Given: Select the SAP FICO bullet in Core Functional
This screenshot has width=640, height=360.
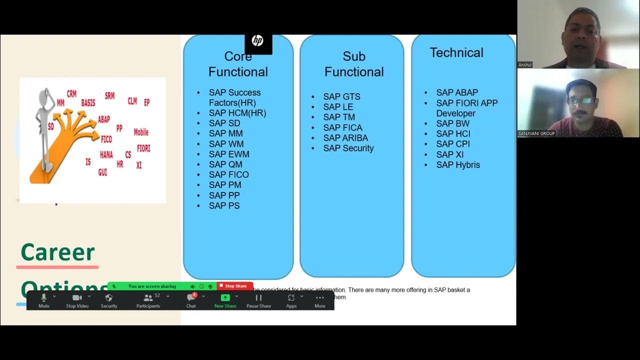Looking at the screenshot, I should pos(228,174).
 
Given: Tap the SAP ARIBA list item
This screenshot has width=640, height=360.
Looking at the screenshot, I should pos(345,138).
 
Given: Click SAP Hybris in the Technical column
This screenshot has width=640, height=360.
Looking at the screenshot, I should pos(457,165).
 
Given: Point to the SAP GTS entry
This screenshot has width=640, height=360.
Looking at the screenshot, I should pos(341,96).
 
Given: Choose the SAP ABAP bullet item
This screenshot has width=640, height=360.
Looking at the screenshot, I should pos(456,92).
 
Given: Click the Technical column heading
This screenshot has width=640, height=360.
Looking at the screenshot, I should pos(456,53).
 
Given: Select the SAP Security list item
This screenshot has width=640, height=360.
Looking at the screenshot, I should pos(348,148).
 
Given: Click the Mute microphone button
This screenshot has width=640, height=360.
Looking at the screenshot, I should pos(44,300).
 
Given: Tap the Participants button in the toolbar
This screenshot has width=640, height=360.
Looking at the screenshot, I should pos(148,300).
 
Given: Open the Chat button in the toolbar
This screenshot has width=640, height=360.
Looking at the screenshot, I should pos(191,300).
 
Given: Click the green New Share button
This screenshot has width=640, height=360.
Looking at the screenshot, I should pos(225,300).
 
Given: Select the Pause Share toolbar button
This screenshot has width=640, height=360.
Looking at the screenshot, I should pos(258,300).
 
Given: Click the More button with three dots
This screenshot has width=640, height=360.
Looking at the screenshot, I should pos(320,300).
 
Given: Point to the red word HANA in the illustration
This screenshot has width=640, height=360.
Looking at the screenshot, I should pos(106,155).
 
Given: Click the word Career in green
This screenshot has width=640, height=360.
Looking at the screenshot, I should pos(57,252).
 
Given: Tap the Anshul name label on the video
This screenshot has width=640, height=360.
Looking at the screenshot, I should pos(525,65).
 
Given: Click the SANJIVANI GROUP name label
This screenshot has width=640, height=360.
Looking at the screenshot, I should pos(536,133).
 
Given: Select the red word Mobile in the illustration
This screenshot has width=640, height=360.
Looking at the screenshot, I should pos(141,132).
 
